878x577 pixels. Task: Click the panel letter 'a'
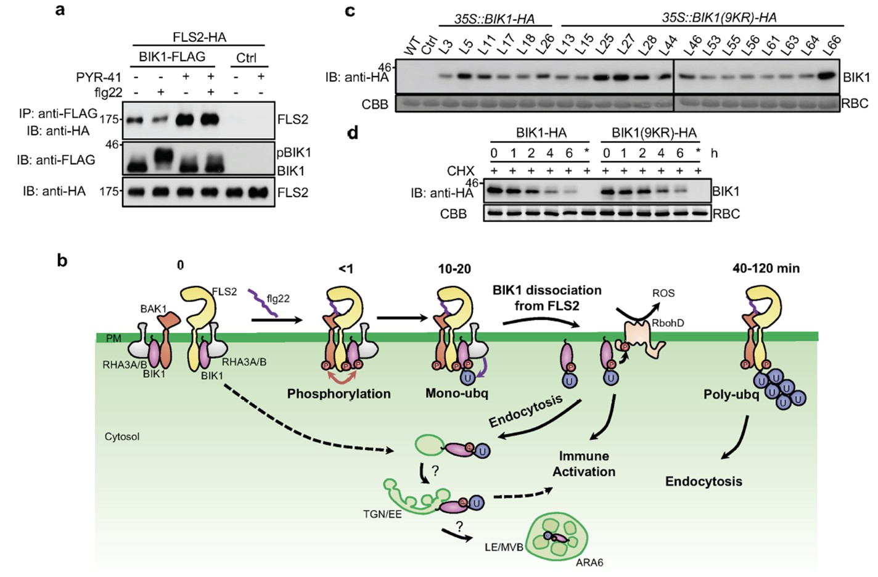(x=60, y=10)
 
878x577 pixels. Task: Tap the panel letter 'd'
(x=353, y=133)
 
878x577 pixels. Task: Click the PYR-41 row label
(x=98, y=78)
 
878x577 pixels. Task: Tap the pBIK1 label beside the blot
(x=294, y=152)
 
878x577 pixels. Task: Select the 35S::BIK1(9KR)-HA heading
(x=718, y=18)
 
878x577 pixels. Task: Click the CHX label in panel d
(x=461, y=171)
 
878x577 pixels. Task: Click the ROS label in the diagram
(x=663, y=293)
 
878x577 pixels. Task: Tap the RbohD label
(x=668, y=323)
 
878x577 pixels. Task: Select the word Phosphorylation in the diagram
(x=338, y=394)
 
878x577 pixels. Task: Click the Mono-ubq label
(x=456, y=393)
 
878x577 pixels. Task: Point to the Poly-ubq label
(x=731, y=395)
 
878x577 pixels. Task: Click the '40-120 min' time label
(x=766, y=268)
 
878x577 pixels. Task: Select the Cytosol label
(x=122, y=436)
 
